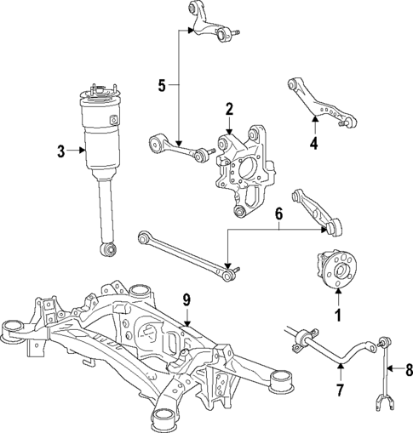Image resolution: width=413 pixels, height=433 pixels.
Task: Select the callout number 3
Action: pos(60,152)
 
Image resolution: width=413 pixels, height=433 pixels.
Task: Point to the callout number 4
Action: pos(313,143)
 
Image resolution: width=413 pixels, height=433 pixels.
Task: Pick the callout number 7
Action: pos(339,390)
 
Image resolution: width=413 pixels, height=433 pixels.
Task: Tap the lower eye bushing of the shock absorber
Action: pos(107,250)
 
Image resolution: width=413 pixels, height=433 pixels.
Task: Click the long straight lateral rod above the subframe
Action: pos(183,251)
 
